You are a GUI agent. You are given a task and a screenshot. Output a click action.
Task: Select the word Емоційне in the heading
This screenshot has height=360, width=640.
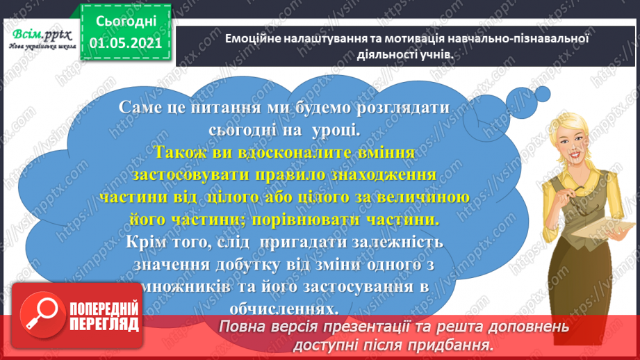pos(251,39)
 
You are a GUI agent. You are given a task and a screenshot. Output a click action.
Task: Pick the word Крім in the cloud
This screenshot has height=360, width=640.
pos(151,242)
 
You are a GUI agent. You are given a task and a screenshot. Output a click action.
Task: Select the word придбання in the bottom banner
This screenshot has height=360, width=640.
pos(448,345)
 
